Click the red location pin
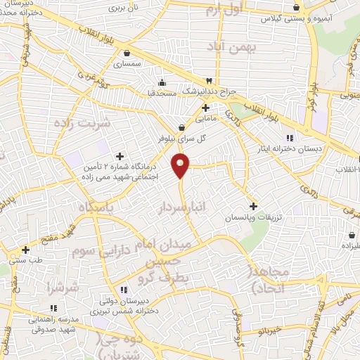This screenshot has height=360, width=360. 181,165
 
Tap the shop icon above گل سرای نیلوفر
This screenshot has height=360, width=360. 183,128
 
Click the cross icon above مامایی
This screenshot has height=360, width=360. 205,108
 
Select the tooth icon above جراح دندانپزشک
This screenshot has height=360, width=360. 208,81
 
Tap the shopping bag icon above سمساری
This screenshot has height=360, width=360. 127,53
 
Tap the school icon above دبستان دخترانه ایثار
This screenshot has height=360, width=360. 289,138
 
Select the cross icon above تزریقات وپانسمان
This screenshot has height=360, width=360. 253,206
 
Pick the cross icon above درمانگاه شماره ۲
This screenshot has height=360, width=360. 120,155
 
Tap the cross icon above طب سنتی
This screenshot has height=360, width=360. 25,250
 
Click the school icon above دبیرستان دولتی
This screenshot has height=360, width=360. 124,289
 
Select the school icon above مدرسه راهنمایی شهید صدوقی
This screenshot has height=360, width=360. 53,307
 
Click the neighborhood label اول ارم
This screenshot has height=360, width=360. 224,10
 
